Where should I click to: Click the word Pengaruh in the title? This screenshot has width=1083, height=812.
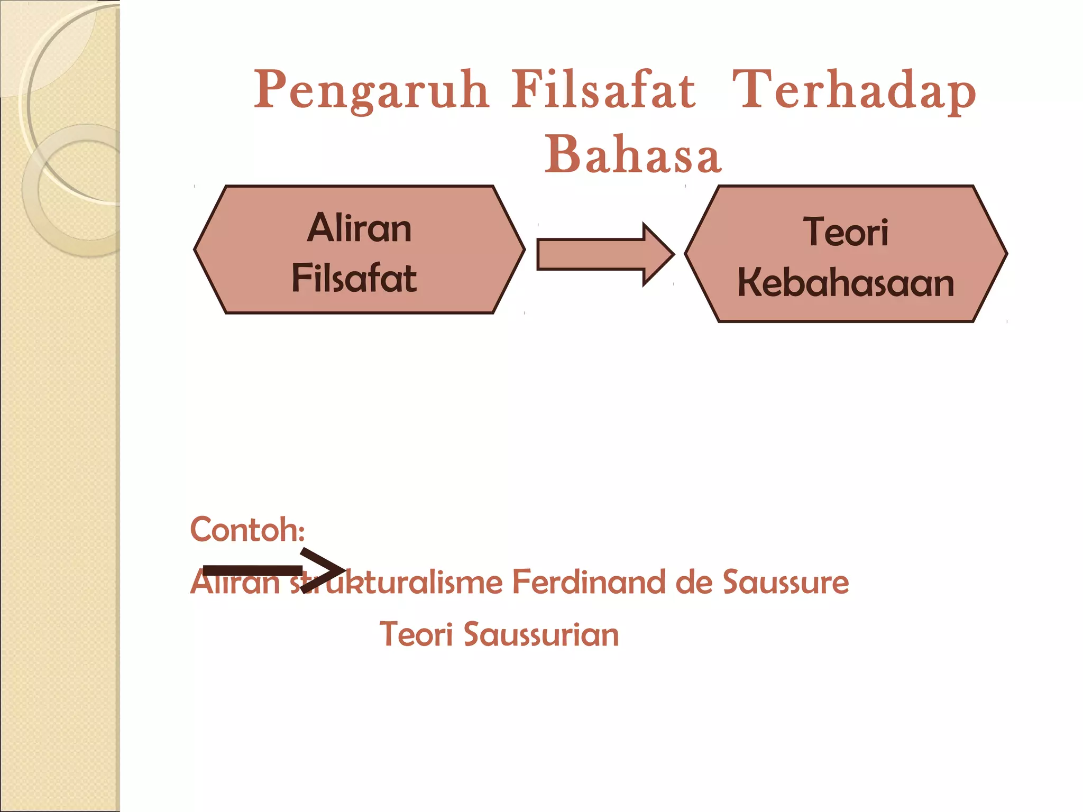click(371, 91)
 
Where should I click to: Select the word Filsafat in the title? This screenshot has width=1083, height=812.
click(603, 91)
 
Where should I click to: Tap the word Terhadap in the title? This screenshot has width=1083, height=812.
click(853, 91)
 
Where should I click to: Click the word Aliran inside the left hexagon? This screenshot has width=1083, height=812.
click(360, 228)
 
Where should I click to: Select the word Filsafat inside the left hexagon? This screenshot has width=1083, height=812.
click(354, 278)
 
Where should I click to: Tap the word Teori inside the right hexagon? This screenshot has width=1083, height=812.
click(846, 232)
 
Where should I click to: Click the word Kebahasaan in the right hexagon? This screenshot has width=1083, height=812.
click(846, 282)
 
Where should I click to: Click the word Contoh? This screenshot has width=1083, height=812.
click(247, 530)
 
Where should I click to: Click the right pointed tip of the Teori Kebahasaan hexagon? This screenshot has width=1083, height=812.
click(1006, 254)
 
